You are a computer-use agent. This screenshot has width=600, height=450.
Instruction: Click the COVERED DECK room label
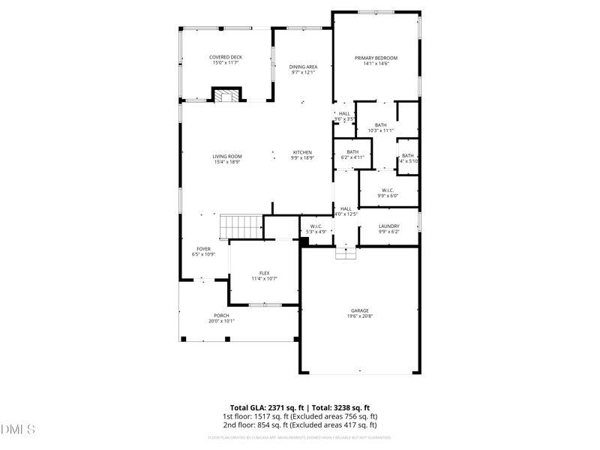[x=226, y=57]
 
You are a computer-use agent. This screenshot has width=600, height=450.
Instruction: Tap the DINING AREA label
[x=303, y=67]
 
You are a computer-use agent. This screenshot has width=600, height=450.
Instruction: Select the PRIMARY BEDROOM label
[x=376, y=58]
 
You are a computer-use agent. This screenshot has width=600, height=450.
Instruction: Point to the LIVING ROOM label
[x=226, y=156]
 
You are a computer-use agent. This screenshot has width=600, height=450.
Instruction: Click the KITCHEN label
[x=302, y=152]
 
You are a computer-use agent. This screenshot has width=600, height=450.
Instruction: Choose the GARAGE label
[x=360, y=310]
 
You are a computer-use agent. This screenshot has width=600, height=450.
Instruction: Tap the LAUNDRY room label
[x=388, y=226]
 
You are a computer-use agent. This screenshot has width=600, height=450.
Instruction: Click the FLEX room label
[x=264, y=273]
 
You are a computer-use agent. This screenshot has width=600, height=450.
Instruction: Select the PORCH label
[x=221, y=315]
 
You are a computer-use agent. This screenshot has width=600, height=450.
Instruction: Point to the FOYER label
[x=203, y=248]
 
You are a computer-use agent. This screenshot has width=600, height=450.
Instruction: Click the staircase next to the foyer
[x=240, y=225]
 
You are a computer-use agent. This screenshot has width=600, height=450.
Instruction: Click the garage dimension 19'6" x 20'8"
[x=360, y=316]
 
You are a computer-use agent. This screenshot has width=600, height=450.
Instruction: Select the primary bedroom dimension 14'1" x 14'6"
[x=376, y=64]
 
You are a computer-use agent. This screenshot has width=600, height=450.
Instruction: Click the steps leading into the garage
[x=345, y=253]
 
